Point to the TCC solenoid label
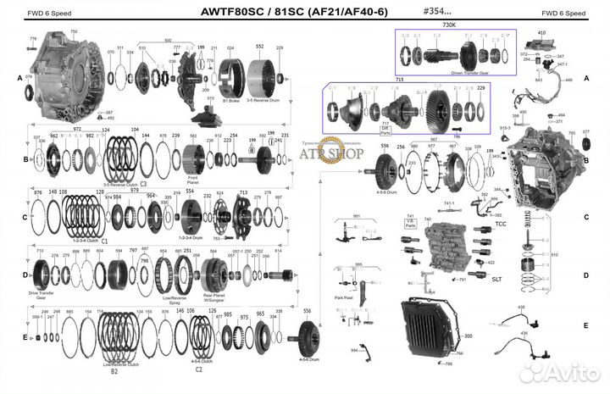(x=501, y=224)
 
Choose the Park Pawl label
(x=345, y=297)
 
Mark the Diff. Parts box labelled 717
(x=386, y=130)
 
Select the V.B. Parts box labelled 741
(x=411, y=223)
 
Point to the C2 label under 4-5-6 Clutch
(x=198, y=369)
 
